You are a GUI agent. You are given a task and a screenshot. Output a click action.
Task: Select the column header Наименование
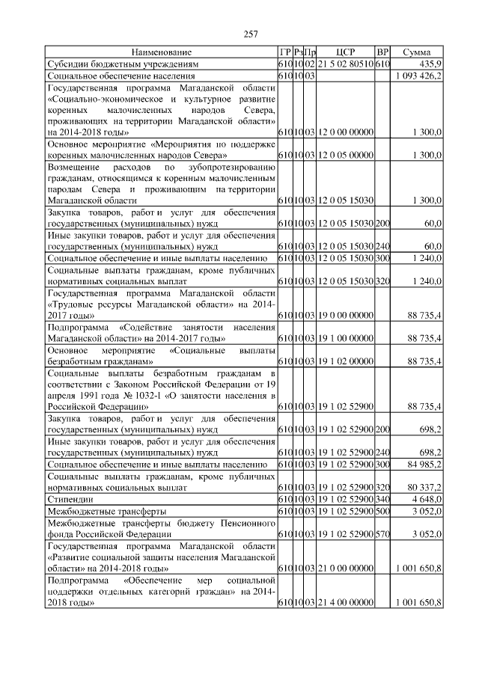pos(162,52)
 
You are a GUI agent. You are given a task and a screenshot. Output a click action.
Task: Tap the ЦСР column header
pos(345,52)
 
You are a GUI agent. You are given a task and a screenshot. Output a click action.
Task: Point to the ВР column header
pos(382,52)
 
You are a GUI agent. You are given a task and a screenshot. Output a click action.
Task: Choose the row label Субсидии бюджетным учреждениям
pos(123,64)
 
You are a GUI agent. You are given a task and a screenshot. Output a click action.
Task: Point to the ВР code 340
pos(382,499)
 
